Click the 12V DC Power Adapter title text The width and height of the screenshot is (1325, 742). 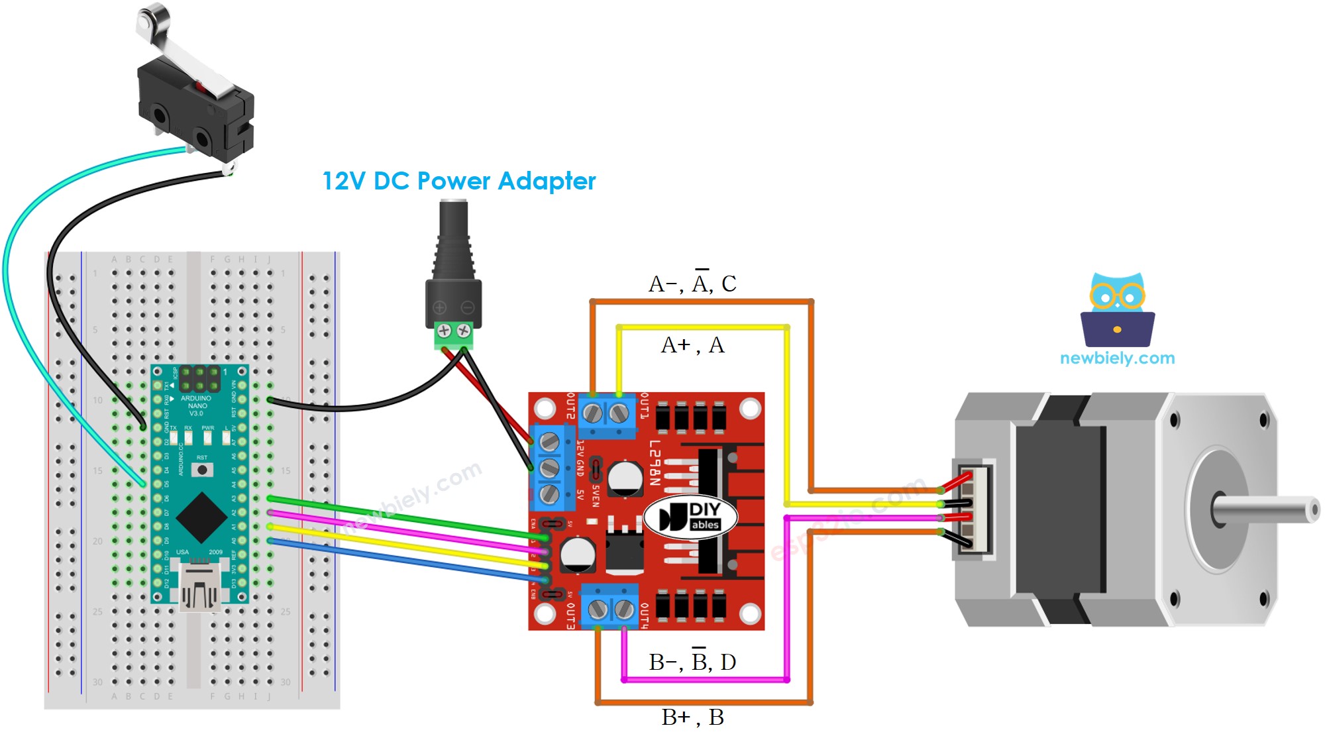click(458, 181)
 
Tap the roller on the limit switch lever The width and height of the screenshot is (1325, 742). click(153, 17)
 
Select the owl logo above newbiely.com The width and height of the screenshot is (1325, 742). click(1118, 310)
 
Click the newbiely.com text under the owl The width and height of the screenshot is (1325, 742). click(1117, 358)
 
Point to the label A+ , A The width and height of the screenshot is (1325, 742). click(692, 345)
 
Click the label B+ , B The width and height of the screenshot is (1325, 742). click(692, 717)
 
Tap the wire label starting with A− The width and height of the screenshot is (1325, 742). click(692, 284)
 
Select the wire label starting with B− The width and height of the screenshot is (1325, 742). click(692, 662)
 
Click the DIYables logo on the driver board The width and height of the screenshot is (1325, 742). click(691, 517)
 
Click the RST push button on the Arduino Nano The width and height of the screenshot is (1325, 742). click(202, 470)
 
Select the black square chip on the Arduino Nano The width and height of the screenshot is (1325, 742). click(201, 517)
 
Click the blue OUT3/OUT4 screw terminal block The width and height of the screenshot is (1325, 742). click(609, 606)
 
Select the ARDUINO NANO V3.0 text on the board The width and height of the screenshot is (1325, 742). click(197, 405)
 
